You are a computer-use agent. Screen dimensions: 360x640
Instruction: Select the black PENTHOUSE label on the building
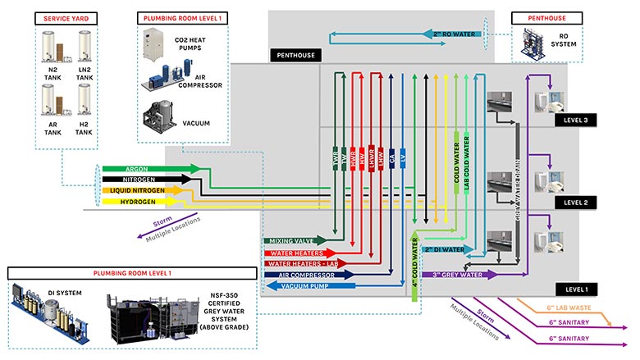coord(293,56)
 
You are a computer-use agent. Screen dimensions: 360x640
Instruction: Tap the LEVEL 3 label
coord(581,121)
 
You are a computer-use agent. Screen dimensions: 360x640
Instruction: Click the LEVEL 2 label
coord(581,201)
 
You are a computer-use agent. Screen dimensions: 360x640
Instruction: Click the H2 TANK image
coord(85,99)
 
